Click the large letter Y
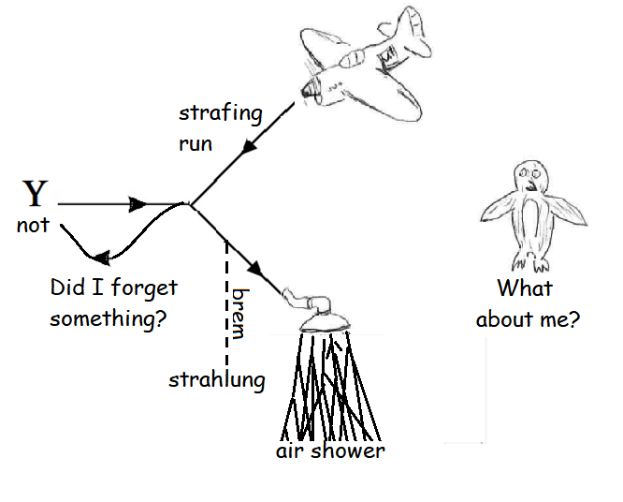point(35,193)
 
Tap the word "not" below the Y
point(33,225)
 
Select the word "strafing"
point(221,114)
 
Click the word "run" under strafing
point(196,144)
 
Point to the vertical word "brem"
point(239,314)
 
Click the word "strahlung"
point(217,379)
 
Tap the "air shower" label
point(330,451)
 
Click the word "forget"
point(144,288)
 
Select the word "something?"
point(109,319)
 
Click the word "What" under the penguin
point(525,288)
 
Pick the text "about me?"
point(528,319)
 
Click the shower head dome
point(325,321)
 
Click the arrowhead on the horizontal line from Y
point(138,204)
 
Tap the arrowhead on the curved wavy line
point(102,258)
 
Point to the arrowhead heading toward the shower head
point(255,269)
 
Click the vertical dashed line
point(226,303)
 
